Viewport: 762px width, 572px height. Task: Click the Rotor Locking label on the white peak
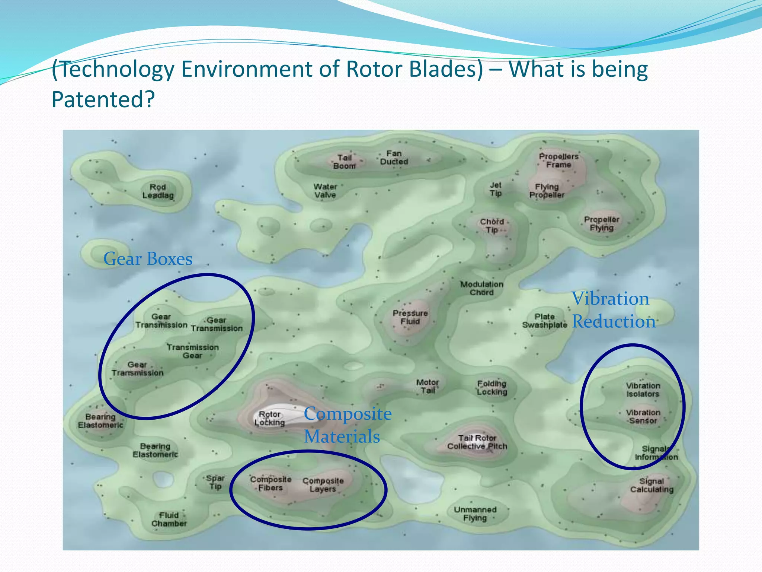click(x=270, y=419)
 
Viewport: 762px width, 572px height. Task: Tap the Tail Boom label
click(x=345, y=162)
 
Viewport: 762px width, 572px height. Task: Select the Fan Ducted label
click(x=394, y=158)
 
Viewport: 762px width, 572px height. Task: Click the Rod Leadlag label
click(x=158, y=191)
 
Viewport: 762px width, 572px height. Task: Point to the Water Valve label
click(x=325, y=191)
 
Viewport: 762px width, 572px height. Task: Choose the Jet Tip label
click(x=496, y=189)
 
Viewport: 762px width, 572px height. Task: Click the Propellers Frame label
click(x=558, y=161)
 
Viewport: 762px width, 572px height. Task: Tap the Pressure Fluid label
click(x=410, y=317)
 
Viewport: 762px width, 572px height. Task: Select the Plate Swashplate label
click(x=544, y=321)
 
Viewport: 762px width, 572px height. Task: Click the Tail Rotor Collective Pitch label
click(x=477, y=442)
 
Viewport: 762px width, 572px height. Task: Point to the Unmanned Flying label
click(x=475, y=514)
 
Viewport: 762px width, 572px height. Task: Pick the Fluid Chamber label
click(x=169, y=519)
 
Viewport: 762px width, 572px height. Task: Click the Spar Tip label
click(x=215, y=482)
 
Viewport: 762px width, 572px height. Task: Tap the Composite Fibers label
click(x=270, y=483)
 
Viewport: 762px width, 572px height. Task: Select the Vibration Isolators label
click(x=643, y=390)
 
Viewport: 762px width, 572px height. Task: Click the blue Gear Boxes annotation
click(x=148, y=259)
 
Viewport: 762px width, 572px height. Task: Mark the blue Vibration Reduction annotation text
click(x=613, y=310)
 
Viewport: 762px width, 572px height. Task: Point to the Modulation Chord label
click(x=481, y=288)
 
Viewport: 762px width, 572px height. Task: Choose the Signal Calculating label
click(x=651, y=485)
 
